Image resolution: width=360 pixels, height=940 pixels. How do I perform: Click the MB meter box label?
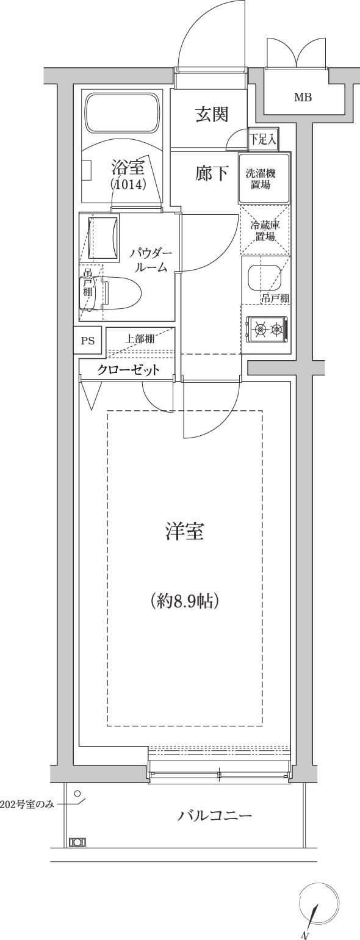coord(303,98)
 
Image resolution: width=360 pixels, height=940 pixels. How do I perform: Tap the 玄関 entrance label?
coord(212,114)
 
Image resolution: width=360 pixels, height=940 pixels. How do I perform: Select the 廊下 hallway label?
coord(212,173)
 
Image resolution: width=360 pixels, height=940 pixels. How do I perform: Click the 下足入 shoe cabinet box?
coord(262,139)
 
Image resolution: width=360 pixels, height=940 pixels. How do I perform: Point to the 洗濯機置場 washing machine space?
coord(264,179)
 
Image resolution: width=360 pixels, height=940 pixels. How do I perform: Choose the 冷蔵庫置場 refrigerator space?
coord(265,230)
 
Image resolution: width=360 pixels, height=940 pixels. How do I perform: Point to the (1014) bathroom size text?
coord(128,184)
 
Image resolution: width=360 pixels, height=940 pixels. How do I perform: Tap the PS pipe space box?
coord(88,341)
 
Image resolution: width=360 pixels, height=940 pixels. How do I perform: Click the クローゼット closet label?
coord(128,370)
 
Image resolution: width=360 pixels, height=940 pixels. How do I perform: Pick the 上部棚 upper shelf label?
coord(139,339)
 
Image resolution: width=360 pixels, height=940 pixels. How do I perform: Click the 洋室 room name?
coord(184,531)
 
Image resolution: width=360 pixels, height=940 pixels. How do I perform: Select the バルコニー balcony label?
coord(214,815)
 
